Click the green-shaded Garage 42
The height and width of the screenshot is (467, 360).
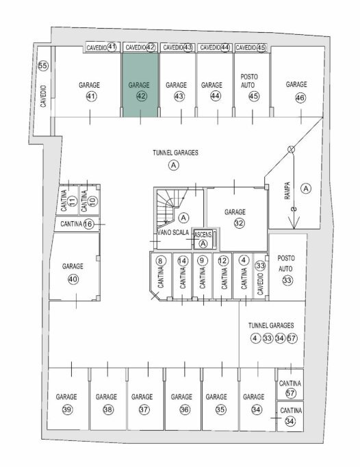click(x=140, y=85)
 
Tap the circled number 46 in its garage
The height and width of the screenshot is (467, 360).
click(x=300, y=98)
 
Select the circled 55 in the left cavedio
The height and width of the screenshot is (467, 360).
click(x=43, y=66)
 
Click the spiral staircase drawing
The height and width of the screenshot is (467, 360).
click(x=169, y=205)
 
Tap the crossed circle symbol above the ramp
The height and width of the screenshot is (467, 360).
click(x=292, y=149)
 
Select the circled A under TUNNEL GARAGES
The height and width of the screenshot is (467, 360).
click(x=174, y=165)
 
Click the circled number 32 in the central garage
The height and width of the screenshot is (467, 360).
click(x=239, y=223)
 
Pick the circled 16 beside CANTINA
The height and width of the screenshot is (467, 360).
click(x=88, y=224)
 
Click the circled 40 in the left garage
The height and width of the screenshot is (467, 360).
click(x=73, y=279)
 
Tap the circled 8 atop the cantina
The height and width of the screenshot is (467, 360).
click(x=161, y=261)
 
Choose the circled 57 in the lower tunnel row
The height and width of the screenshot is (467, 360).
click(x=292, y=338)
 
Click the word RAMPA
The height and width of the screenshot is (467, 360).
click(x=287, y=190)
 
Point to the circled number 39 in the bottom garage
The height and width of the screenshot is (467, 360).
click(x=67, y=409)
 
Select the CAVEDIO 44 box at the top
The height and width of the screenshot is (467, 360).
click(x=214, y=47)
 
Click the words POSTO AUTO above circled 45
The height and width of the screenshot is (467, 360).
click(x=249, y=81)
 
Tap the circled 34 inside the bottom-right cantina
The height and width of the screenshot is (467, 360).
click(x=290, y=421)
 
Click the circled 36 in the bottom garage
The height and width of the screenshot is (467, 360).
click(x=185, y=409)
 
